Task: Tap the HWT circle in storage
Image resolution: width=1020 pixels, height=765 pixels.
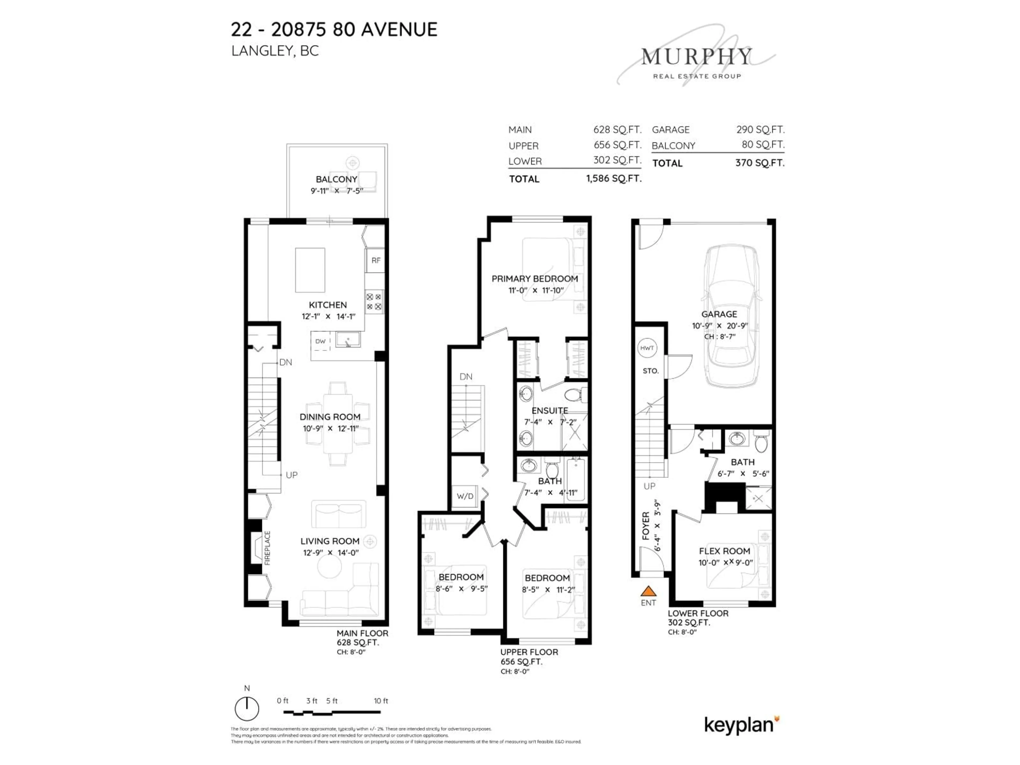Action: [x=647, y=348]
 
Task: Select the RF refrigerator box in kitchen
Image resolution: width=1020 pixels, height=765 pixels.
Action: [x=376, y=261]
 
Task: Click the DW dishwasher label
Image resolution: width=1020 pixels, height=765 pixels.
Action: [x=321, y=341]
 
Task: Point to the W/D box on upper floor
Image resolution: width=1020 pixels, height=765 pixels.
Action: [x=465, y=496]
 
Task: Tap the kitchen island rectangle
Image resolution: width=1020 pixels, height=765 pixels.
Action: [x=310, y=270]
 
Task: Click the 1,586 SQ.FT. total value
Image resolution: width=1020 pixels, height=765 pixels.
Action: [x=614, y=178]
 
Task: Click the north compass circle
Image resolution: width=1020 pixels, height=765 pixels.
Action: [x=247, y=709]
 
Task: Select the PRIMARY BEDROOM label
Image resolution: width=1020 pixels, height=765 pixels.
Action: [x=534, y=279]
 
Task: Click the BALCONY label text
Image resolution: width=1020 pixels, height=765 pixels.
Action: [x=336, y=179]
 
